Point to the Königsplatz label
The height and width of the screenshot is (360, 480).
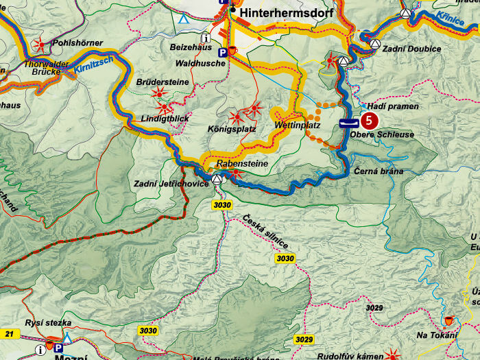pyautogui.click(x=231, y=128)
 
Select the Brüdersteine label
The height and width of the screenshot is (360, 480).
pyautogui.click(x=163, y=81)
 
